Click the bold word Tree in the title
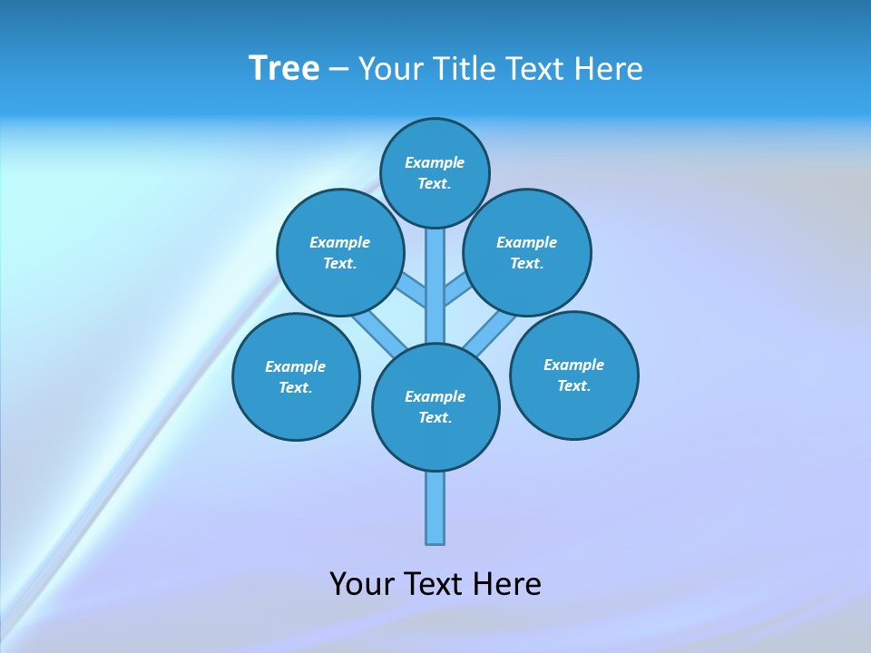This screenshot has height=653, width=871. tap(284, 68)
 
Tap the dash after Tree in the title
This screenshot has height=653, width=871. tap(338, 70)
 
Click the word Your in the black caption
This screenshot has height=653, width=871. tap(361, 583)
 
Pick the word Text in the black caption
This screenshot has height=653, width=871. tap(433, 583)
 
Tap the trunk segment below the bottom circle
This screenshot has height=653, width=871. tap(435, 508)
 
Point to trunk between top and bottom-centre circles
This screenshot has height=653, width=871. tap(435, 286)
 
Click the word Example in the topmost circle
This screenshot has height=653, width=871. tap(435, 162)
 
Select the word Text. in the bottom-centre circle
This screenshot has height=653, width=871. tap(435, 417)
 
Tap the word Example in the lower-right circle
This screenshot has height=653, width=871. tap(573, 365)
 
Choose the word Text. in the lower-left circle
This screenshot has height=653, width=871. tap(296, 387)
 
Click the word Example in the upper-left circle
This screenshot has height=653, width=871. tap(340, 242)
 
